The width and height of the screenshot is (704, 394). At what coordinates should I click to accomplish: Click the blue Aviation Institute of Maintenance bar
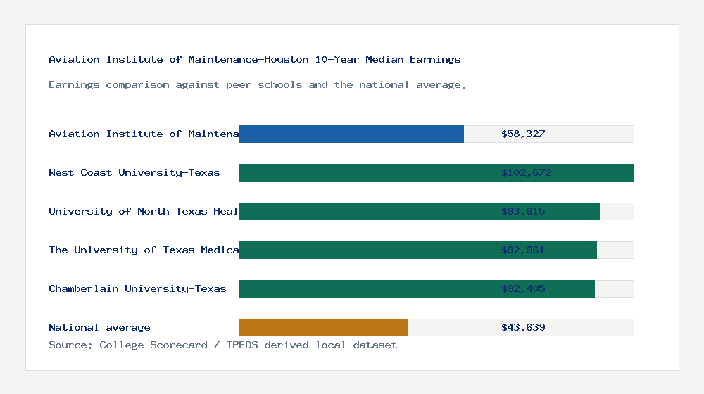pos(351,134)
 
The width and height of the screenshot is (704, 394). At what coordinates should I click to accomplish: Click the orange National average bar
pos(323,327)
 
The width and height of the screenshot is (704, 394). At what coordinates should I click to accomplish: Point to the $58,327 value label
pos(523,134)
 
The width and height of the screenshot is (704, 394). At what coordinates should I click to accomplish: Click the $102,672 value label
pos(523,172)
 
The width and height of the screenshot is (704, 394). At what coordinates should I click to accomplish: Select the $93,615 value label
pos(523,211)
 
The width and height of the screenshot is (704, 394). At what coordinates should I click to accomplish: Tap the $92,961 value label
pos(523,250)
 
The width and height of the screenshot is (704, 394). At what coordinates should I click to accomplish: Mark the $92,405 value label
pos(523,288)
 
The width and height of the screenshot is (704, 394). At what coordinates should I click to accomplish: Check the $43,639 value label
pos(523,327)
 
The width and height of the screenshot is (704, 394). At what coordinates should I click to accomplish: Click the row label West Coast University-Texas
pos(134,172)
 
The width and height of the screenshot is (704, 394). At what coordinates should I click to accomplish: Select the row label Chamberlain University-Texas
pos(137,288)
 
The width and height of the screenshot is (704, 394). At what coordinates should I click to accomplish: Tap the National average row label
pos(99,327)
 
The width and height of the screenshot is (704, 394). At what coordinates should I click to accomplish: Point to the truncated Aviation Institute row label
pos(144,134)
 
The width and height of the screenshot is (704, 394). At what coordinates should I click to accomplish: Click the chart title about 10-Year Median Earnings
pos(255,59)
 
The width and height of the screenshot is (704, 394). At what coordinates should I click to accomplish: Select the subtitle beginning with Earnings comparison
pos(258,84)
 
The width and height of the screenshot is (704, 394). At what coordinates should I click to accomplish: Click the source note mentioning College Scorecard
pos(222,345)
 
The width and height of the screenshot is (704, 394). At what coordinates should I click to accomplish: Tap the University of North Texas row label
pos(144,211)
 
